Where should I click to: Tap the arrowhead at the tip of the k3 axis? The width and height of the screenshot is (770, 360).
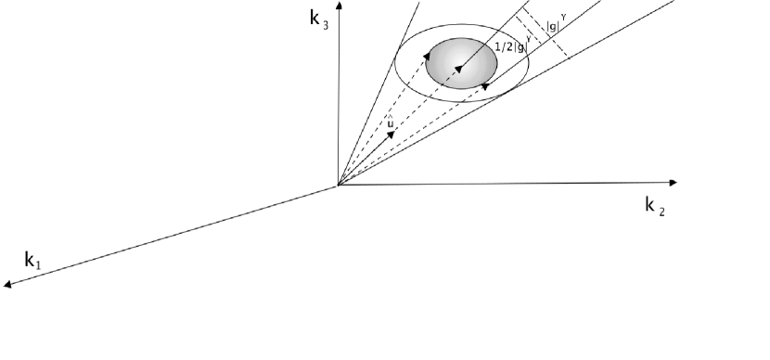[338, 6]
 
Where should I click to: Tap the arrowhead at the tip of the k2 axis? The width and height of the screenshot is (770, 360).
[673, 181]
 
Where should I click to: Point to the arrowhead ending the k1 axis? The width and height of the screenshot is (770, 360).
[8, 285]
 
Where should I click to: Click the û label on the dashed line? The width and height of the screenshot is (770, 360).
[391, 122]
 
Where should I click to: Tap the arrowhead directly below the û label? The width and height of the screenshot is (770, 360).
[391, 134]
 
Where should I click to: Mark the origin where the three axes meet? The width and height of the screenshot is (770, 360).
[338, 186]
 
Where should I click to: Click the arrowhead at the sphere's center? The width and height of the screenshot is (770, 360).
[458, 68]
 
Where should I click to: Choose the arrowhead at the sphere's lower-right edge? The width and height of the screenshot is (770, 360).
[484, 85]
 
